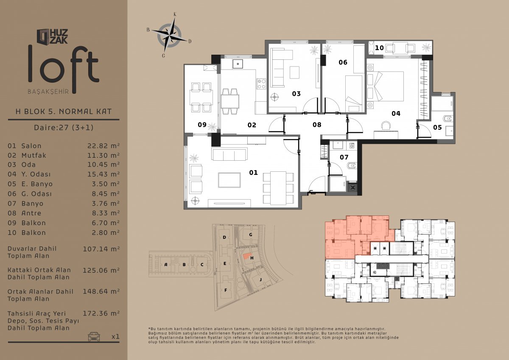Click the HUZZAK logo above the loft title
click(x=52, y=36)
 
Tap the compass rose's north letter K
click(x=175, y=14)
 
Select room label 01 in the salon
click(x=253, y=173)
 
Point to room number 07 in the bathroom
click(x=344, y=157)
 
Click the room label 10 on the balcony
click(x=379, y=48)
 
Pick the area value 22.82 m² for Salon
click(x=103, y=145)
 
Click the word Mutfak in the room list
click(x=34, y=155)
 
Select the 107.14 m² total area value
click(x=101, y=249)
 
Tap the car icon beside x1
click(x=94, y=337)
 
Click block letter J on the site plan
click(x=260, y=279)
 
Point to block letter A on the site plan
click(x=166, y=265)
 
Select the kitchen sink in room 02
click(x=238, y=64)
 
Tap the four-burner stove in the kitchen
click(x=261, y=84)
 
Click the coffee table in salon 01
click(x=229, y=180)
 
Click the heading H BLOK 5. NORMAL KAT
click(x=64, y=112)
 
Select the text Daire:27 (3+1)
click(x=64, y=127)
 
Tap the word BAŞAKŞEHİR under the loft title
click(x=48, y=92)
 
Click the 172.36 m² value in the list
click(x=101, y=314)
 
